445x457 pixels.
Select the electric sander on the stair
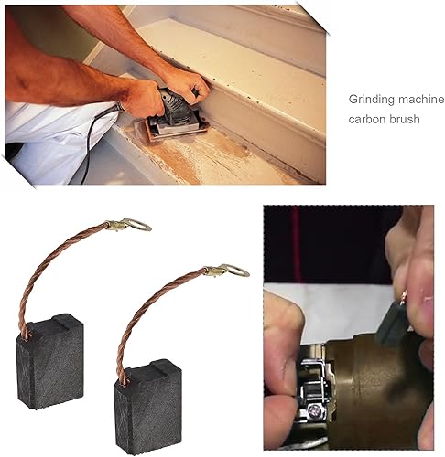[x=173, y=115]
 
